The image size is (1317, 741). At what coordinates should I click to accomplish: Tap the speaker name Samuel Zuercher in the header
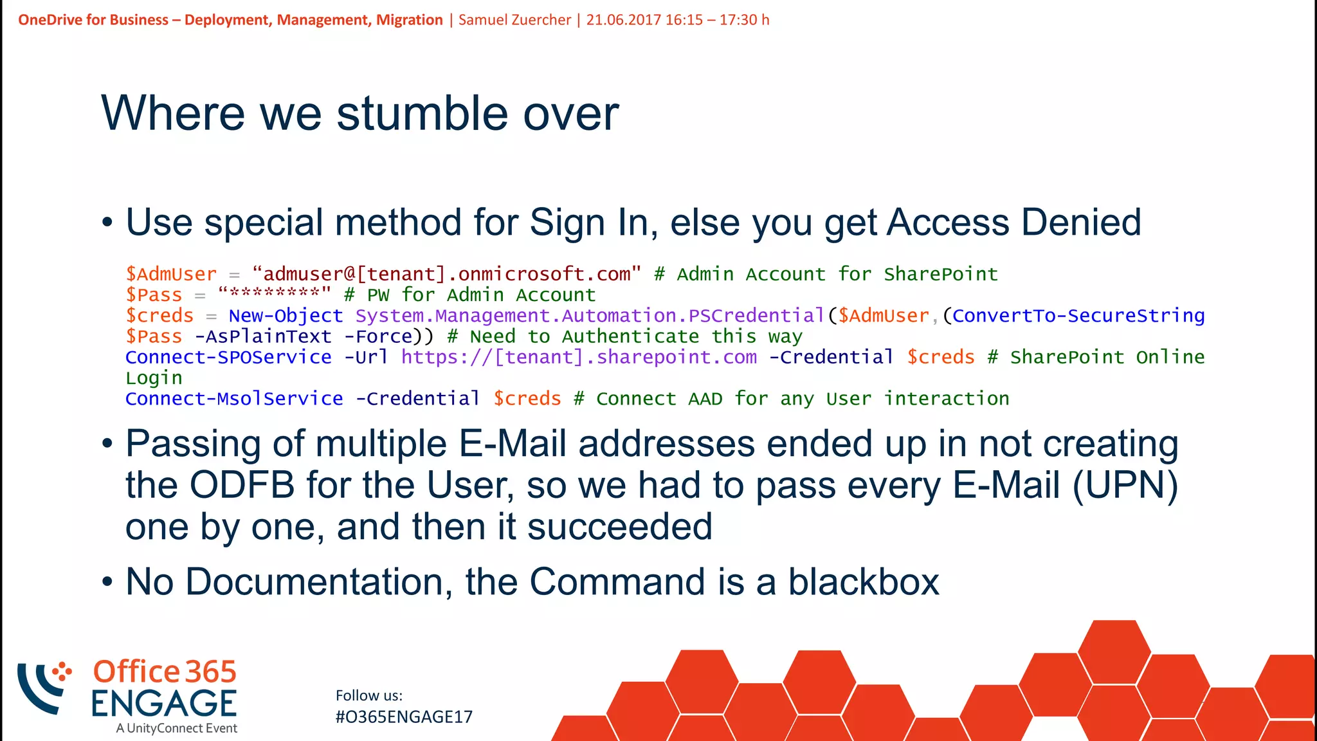pyautogui.click(x=514, y=20)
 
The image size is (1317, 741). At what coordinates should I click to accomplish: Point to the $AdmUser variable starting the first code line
pyautogui.click(x=171, y=274)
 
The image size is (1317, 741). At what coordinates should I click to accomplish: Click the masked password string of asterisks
pyautogui.click(x=275, y=294)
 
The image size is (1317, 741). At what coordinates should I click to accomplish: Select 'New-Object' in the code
pyautogui.click(x=286, y=316)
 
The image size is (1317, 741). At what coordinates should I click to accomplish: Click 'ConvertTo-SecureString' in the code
pyautogui.click(x=1078, y=316)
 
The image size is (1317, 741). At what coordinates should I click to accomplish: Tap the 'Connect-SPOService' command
pyautogui.click(x=228, y=357)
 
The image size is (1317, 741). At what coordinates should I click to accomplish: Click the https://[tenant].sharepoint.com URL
pyautogui.click(x=579, y=357)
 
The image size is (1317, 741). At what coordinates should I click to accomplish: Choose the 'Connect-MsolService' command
pyautogui.click(x=234, y=399)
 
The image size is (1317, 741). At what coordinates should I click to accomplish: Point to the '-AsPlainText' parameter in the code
pyautogui.click(x=263, y=336)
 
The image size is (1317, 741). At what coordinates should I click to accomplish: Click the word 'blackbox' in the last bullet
pyautogui.click(x=864, y=582)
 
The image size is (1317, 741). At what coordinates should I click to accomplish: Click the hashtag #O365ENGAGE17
pyautogui.click(x=404, y=717)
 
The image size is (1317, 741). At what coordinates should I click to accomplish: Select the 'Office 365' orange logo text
pyautogui.click(x=165, y=672)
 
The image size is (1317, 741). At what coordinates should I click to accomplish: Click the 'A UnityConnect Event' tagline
pyautogui.click(x=177, y=728)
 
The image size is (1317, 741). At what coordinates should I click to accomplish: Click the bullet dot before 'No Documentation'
pyautogui.click(x=107, y=582)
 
